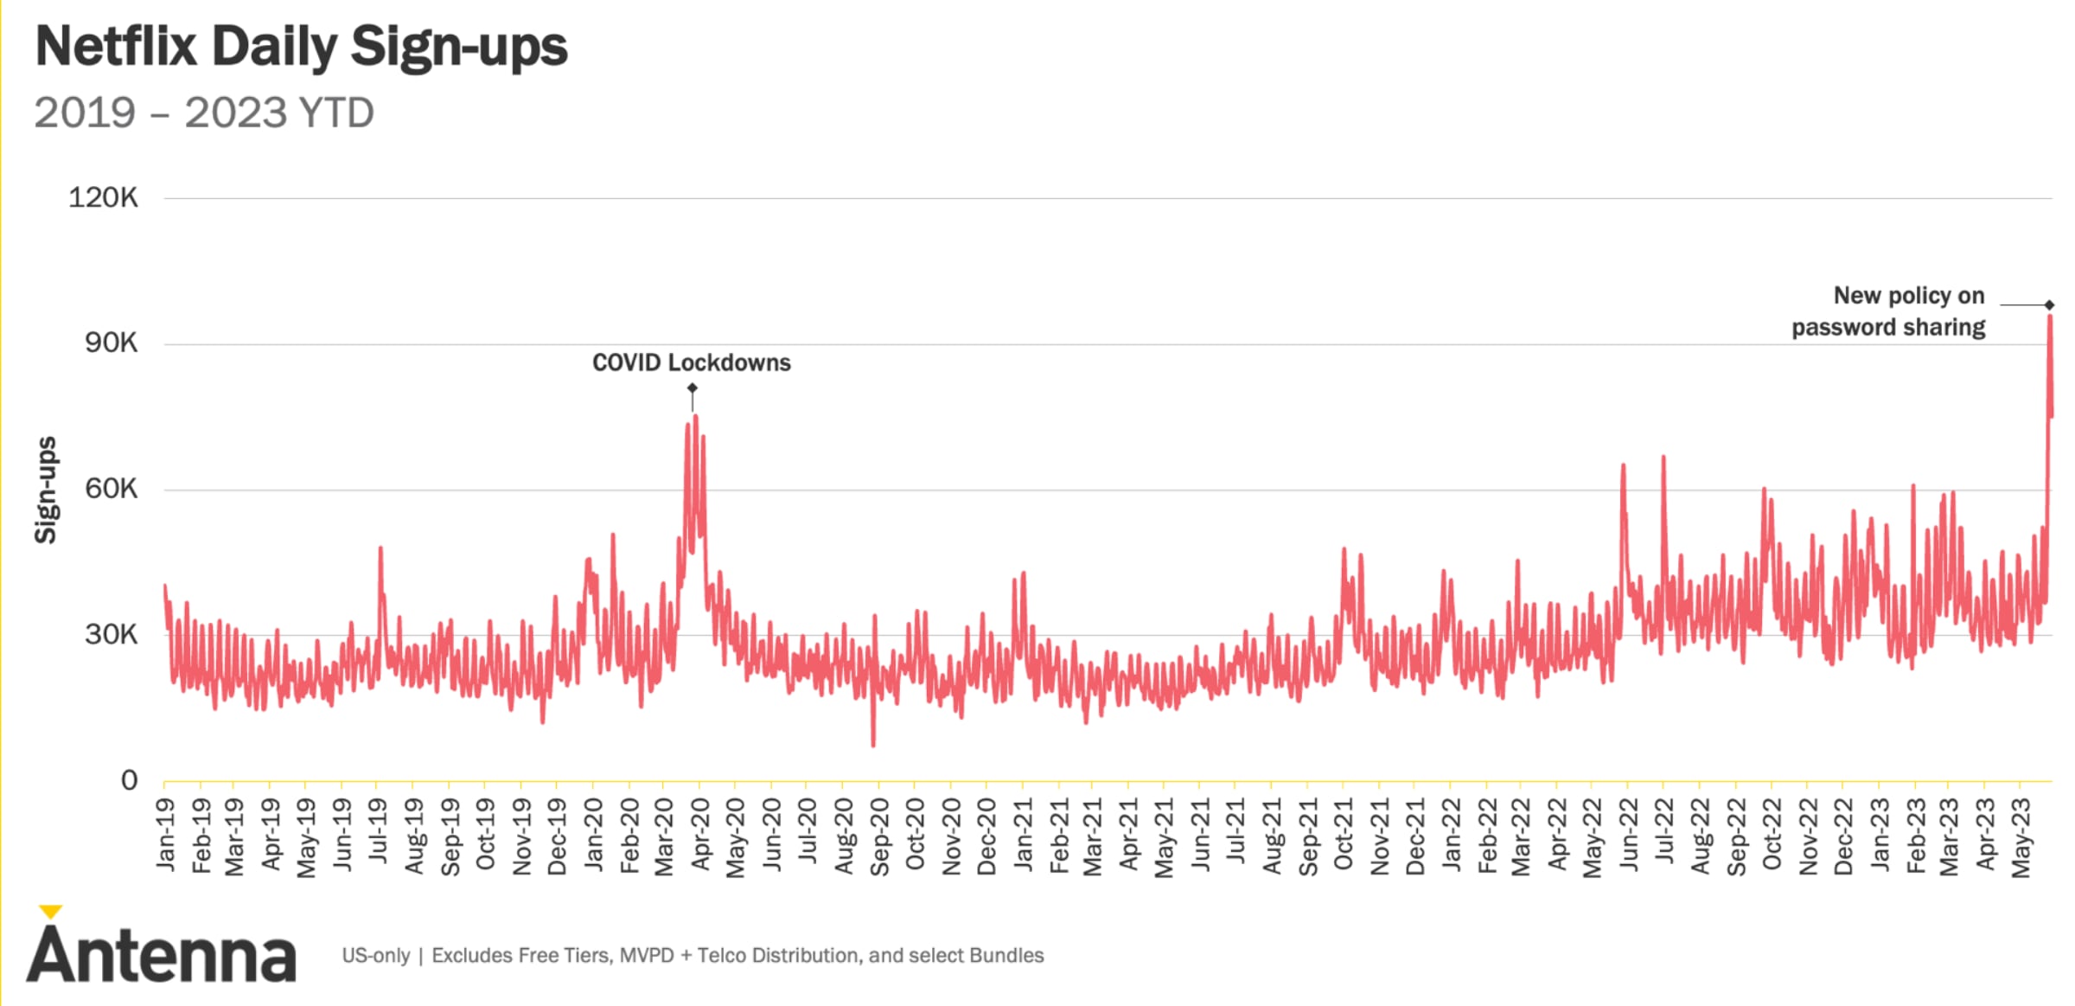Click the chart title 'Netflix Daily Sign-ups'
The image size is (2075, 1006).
pyautogui.click(x=301, y=47)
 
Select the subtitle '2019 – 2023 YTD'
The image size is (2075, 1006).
pyautogui.click(x=204, y=113)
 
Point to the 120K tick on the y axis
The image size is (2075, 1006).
pyautogui.click(x=103, y=198)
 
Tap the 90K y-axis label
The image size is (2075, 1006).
pyautogui.click(x=111, y=343)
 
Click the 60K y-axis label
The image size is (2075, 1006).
pyautogui.click(x=111, y=490)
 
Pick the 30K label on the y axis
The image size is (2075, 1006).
pyautogui.click(x=111, y=635)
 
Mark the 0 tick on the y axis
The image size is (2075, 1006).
pyautogui.click(x=129, y=781)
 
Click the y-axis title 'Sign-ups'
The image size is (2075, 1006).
pyautogui.click(x=46, y=490)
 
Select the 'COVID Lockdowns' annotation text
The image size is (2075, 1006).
pyautogui.click(x=691, y=363)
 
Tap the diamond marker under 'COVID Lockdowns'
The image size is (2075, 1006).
pyautogui.click(x=692, y=388)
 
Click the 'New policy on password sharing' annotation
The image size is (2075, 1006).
pyautogui.click(x=1889, y=311)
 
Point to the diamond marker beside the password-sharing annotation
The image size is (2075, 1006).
pyautogui.click(x=2049, y=305)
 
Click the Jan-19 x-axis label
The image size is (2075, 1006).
pyautogui.click(x=165, y=834)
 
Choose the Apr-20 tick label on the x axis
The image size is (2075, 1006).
pyautogui.click(x=700, y=834)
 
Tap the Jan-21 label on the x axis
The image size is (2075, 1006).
pyautogui.click(x=1023, y=834)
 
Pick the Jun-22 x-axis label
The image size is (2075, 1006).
pyautogui.click(x=1629, y=834)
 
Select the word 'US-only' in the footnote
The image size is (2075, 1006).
pyautogui.click(x=376, y=956)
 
